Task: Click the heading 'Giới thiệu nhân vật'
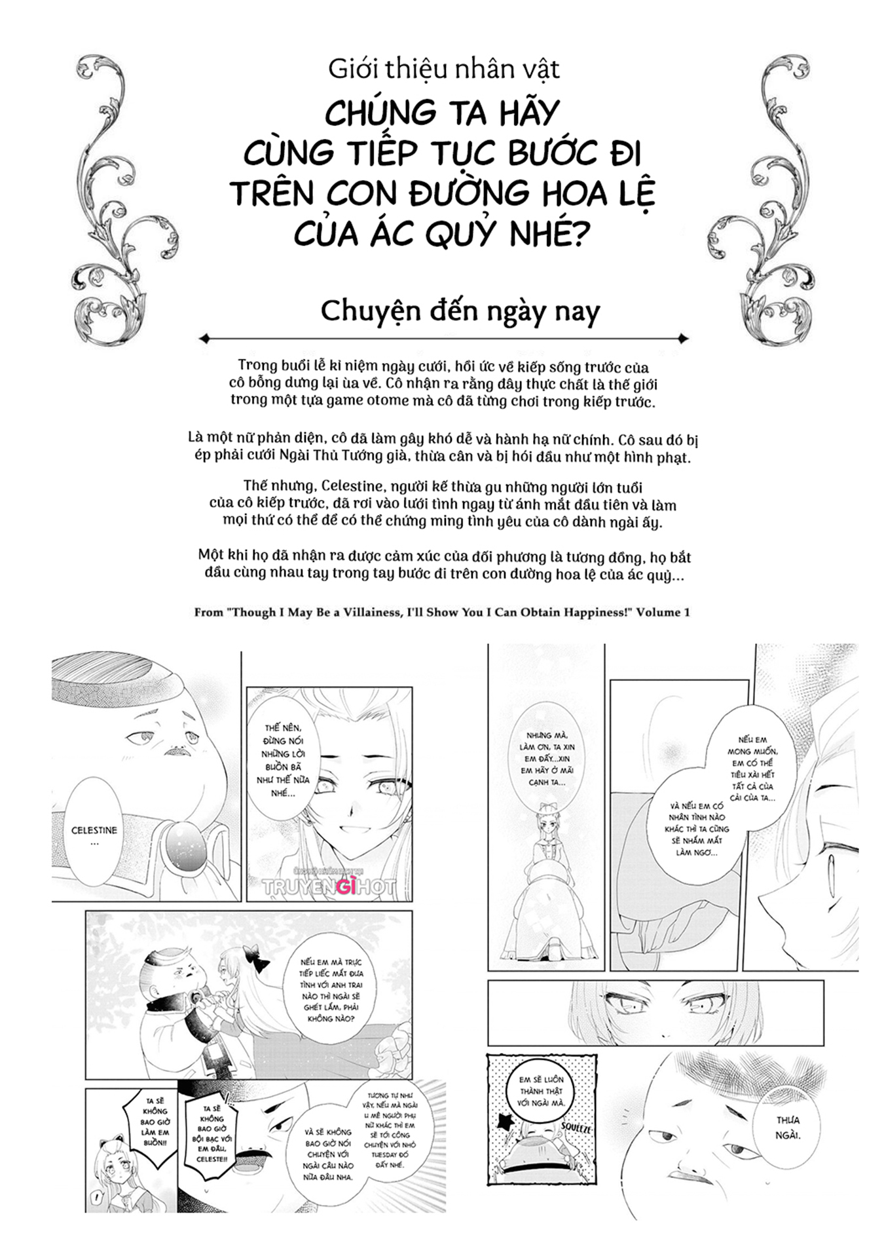(x=443, y=69)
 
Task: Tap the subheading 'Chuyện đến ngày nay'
(x=460, y=311)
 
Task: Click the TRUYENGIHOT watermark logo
(x=329, y=886)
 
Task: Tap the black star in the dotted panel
(x=506, y=1122)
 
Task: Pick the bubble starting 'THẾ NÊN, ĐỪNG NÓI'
(x=283, y=760)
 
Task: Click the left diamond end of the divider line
(x=204, y=339)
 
